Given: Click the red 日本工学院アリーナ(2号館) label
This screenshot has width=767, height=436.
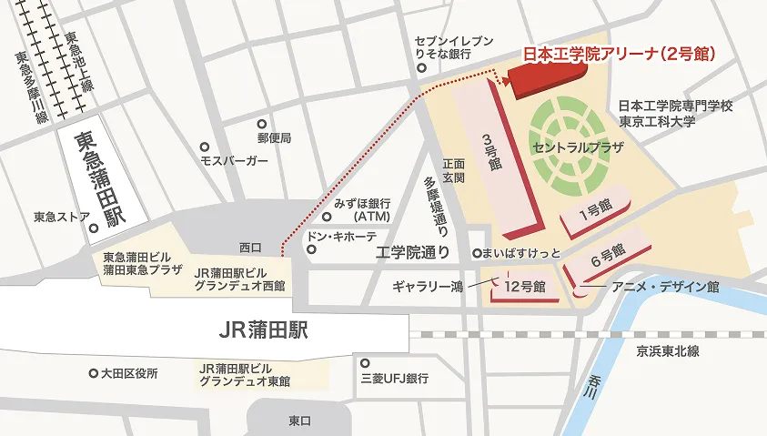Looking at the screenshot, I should point(619,55).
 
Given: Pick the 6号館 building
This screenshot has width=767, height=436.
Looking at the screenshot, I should point(607,256).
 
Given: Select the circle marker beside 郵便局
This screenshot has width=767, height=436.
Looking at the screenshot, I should point(261,123).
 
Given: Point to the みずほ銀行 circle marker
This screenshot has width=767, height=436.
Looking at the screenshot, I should point(327,217).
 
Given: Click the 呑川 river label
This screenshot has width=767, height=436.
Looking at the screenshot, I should point(596,386).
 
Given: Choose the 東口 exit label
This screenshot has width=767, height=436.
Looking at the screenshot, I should point(299,420).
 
